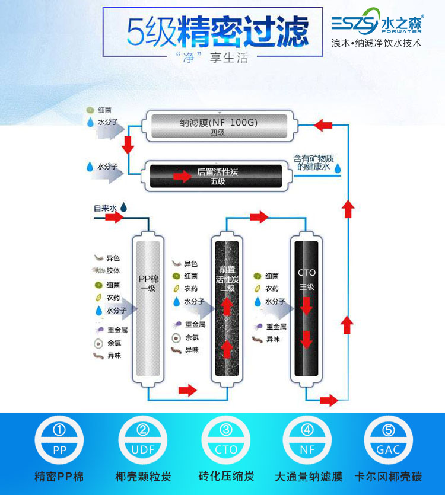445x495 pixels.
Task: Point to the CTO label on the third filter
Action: (307, 273)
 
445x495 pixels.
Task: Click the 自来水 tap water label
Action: (106, 208)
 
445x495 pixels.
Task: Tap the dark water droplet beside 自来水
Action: (124, 207)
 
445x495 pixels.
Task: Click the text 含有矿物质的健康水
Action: (314, 163)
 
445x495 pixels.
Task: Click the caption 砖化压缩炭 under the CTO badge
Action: (225, 477)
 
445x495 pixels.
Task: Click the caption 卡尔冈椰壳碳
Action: (389, 477)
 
